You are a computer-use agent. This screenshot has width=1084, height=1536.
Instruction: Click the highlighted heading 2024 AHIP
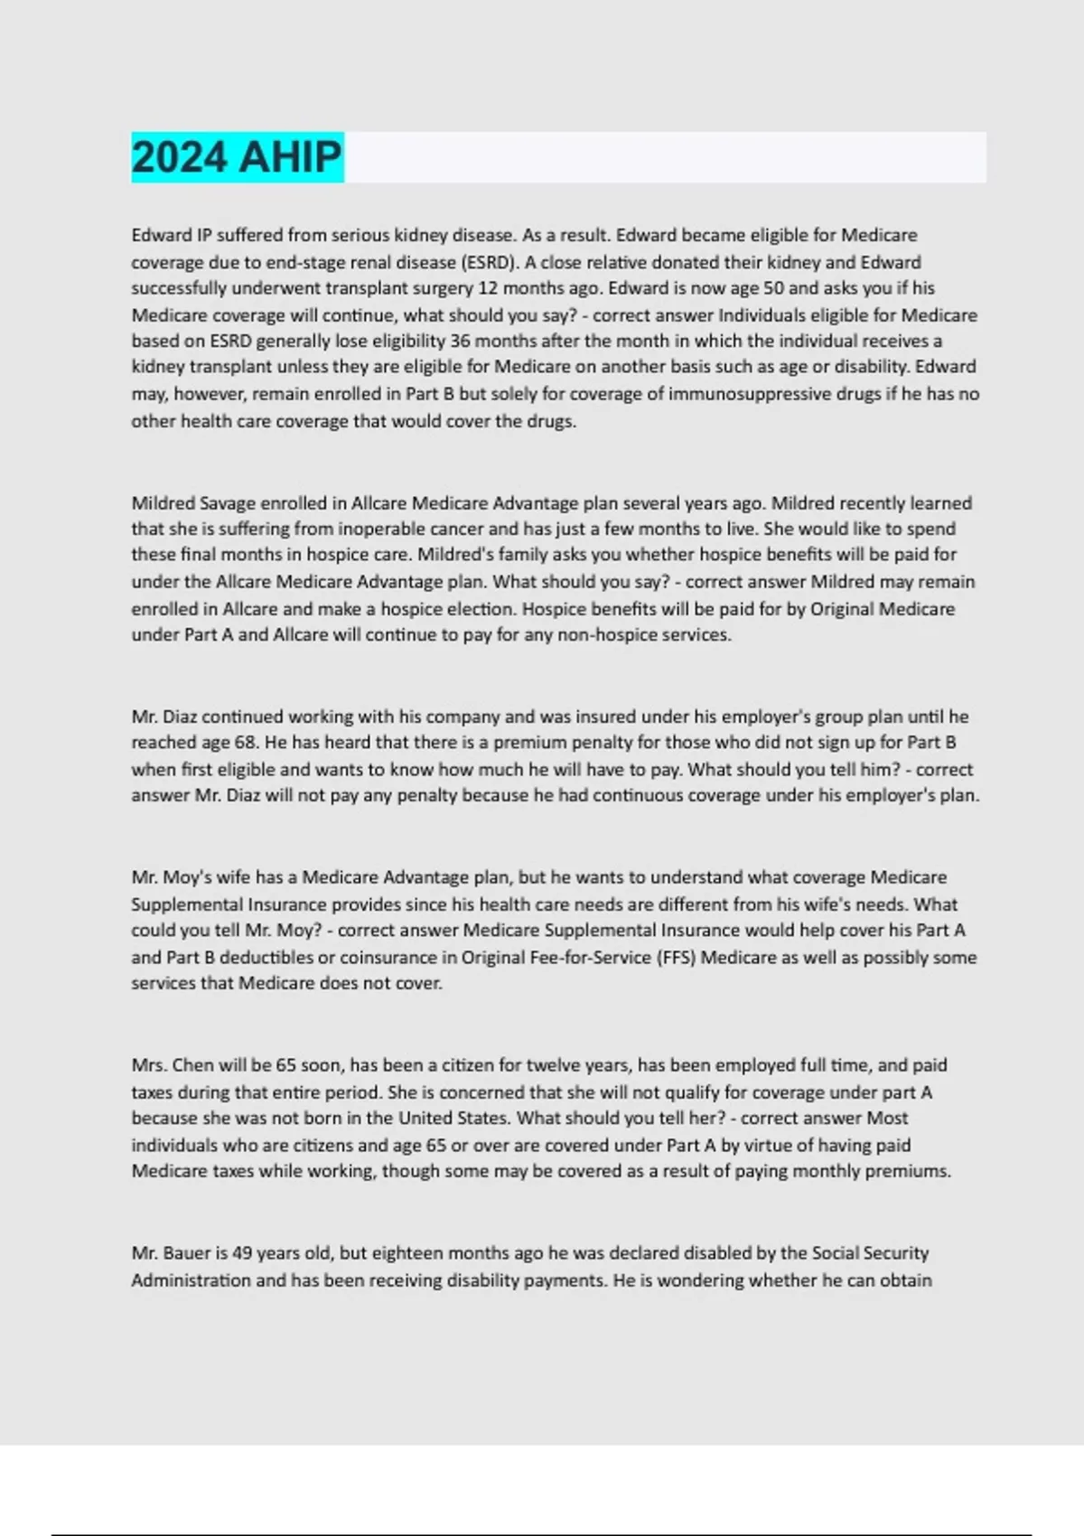(237, 157)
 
